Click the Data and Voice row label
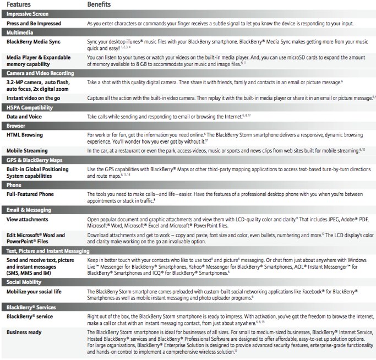pos(25,117)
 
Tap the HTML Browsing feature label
pos(27,135)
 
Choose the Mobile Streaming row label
pos(30,150)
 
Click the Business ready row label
pos(26,332)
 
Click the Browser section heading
pos(18,126)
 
